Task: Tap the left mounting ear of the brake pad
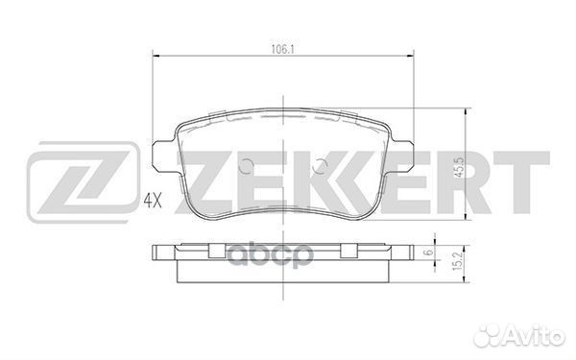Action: pyautogui.click(x=161, y=155)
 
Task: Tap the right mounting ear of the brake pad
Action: pyautogui.click(x=404, y=155)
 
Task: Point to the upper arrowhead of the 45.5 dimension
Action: pyautogui.click(x=466, y=110)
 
